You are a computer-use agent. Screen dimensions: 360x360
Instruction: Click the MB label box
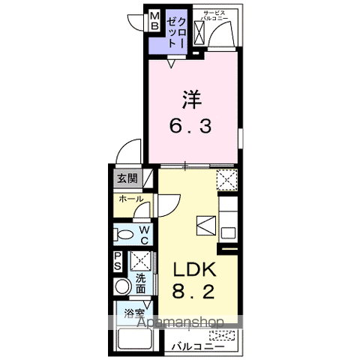tap(153, 20)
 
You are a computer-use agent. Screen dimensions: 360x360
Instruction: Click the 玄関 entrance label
tap(127, 178)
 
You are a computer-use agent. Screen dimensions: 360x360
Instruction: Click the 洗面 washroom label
tap(141, 284)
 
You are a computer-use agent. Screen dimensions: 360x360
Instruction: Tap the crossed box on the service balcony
tap(200, 31)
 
